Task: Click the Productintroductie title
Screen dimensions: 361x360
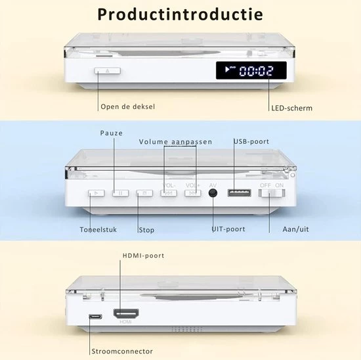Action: (x=180, y=14)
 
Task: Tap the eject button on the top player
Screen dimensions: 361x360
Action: (x=108, y=71)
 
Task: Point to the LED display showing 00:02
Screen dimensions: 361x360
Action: (x=251, y=70)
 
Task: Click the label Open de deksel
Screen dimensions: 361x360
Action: (x=128, y=106)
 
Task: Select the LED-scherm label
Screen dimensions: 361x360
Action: (x=291, y=108)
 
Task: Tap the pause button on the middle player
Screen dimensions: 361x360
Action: (x=120, y=193)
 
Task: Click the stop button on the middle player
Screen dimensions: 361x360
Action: (x=144, y=193)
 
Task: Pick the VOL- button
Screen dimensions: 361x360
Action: (x=169, y=193)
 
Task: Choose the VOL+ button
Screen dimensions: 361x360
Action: (x=193, y=193)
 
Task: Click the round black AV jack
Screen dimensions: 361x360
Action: (x=213, y=193)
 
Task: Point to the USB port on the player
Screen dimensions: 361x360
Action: (x=239, y=192)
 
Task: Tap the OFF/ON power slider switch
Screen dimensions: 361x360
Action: (x=272, y=193)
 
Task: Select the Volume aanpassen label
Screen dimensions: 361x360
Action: (x=175, y=142)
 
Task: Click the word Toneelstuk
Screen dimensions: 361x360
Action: (x=98, y=229)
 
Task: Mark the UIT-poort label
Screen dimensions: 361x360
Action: (x=228, y=229)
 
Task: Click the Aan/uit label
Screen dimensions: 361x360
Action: (x=295, y=229)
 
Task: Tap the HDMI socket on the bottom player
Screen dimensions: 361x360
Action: (x=126, y=313)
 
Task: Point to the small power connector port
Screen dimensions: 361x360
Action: (x=95, y=317)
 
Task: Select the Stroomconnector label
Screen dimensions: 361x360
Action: (x=122, y=351)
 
